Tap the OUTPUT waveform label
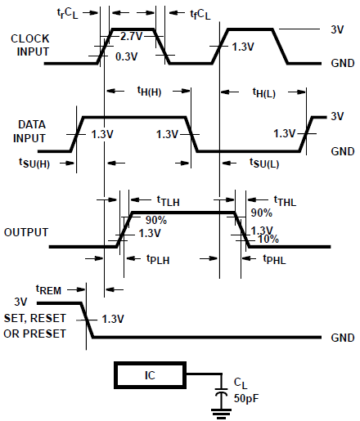coord(26,232)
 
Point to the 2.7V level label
coord(132,38)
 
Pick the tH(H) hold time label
coord(149,92)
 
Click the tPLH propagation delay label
coord(159,259)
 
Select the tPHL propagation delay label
coord(275,259)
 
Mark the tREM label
coord(48,289)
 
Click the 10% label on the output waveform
coord(269,240)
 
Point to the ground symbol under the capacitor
coord(219,412)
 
